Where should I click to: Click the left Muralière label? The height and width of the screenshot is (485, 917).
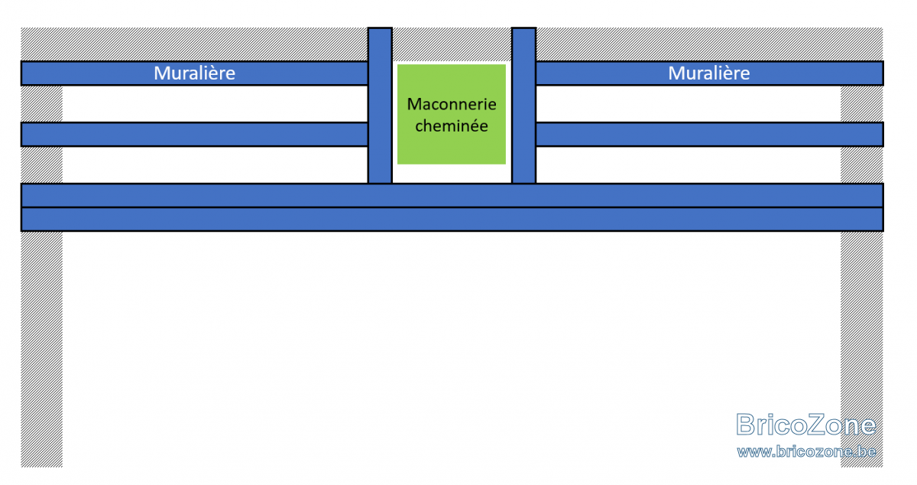click(x=194, y=73)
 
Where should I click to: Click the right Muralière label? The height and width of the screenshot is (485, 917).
click(x=709, y=73)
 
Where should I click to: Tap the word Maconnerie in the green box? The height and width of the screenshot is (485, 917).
click(x=452, y=104)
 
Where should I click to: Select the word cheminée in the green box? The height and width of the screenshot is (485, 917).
click(x=452, y=125)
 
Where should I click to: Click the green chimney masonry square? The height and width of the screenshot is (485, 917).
click(x=452, y=114)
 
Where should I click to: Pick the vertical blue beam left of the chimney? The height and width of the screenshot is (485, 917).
click(x=380, y=106)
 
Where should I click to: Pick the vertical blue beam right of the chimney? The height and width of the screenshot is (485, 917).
click(x=523, y=106)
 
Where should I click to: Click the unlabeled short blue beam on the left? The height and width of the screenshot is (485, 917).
click(x=194, y=135)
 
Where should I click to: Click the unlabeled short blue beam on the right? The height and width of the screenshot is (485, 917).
click(x=709, y=135)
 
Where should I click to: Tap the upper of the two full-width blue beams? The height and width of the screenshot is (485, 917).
click(x=452, y=195)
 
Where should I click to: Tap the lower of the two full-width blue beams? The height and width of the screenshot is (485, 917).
click(x=452, y=220)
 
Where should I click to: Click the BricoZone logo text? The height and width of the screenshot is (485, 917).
click(x=805, y=425)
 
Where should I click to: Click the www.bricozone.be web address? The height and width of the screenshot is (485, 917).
click(x=806, y=451)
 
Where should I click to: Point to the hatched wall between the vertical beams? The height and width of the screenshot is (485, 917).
click(x=452, y=44)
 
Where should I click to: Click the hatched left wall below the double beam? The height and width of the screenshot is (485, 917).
click(x=42, y=350)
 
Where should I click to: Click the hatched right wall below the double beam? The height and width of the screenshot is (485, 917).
click(x=862, y=350)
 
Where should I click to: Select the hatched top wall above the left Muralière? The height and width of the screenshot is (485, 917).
click(x=194, y=44)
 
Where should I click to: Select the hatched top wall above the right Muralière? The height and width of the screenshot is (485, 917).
click(x=709, y=44)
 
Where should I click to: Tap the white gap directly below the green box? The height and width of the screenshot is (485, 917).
click(x=452, y=174)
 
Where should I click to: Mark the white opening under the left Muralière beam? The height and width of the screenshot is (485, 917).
click(x=215, y=104)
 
